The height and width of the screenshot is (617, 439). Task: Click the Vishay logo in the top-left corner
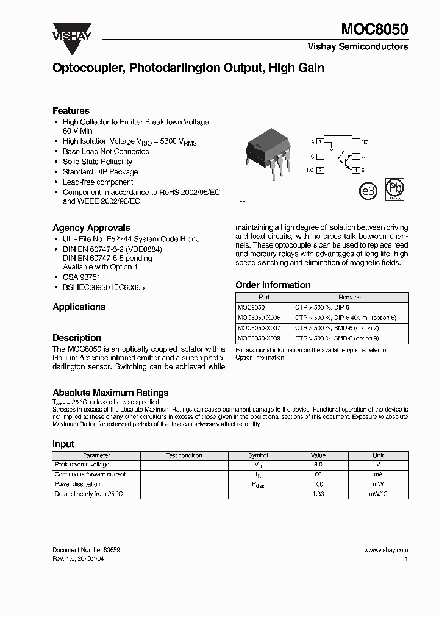click(x=71, y=31)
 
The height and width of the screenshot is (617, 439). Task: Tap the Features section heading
click(x=71, y=111)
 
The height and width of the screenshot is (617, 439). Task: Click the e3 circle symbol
click(x=368, y=190)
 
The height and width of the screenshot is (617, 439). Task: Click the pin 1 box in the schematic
click(x=320, y=141)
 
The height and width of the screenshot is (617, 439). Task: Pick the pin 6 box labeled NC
click(x=356, y=141)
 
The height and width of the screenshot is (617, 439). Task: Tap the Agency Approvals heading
click(x=91, y=228)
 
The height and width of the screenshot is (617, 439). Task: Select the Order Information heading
click(x=273, y=285)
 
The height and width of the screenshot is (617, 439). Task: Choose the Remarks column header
click(x=350, y=298)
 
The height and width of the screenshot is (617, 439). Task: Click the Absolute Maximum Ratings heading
click(x=110, y=393)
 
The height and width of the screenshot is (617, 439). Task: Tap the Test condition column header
click(x=184, y=455)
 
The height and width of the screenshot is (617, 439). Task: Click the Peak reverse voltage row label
click(x=82, y=465)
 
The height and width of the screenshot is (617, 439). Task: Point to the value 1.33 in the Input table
click(x=318, y=493)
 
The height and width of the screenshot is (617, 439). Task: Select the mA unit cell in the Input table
click(x=378, y=474)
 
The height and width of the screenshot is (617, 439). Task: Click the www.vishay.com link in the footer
click(x=385, y=549)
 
